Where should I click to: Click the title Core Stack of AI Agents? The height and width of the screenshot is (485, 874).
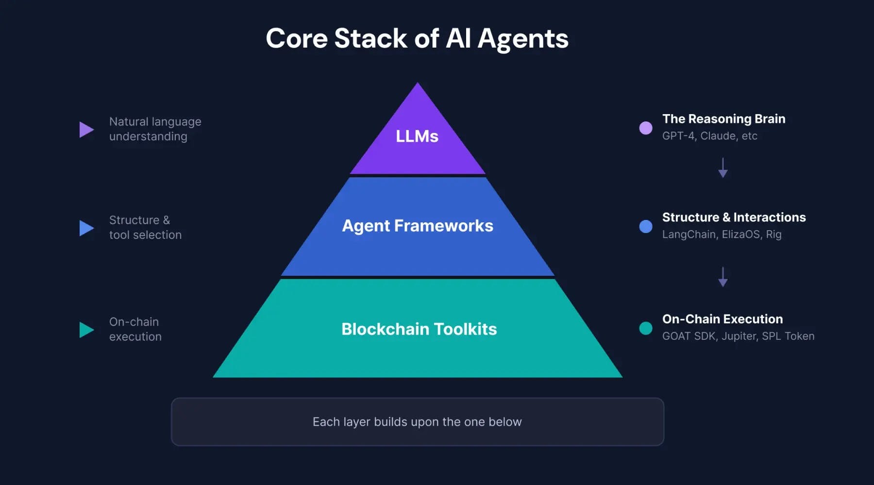(x=417, y=38)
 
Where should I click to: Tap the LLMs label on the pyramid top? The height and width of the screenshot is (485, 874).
(x=417, y=136)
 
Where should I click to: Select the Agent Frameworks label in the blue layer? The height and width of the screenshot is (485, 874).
(x=417, y=226)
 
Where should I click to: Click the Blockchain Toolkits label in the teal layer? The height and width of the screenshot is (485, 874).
(x=419, y=329)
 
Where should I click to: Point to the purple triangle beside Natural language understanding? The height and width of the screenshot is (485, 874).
(x=85, y=130)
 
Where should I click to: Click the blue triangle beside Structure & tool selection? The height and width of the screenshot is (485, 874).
(x=85, y=228)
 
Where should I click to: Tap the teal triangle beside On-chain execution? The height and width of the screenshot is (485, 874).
(x=85, y=330)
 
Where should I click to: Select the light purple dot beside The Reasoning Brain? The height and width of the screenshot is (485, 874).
(x=645, y=128)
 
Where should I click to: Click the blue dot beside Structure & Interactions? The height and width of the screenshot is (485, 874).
(x=645, y=226)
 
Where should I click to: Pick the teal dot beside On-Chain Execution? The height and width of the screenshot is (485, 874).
(x=645, y=328)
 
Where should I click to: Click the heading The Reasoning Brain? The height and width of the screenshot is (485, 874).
(x=723, y=119)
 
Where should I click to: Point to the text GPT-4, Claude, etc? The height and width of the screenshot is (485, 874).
(x=709, y=136)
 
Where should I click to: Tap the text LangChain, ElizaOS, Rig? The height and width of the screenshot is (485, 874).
(x=722, y=234)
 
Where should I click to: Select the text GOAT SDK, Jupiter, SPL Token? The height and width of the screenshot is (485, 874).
(x=738, y=336)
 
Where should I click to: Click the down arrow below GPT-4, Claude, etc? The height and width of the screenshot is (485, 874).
(x=723, y=167)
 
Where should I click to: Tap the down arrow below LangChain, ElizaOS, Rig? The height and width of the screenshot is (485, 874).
(x=723, y=277)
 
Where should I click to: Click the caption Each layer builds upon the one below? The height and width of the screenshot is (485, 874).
(x=417, y=422)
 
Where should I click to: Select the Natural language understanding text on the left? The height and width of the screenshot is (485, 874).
(x=155, y=129)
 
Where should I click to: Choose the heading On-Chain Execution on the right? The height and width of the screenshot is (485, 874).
(x=722, y=319)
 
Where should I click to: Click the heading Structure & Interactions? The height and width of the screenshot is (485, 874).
(x=734, y=217)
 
